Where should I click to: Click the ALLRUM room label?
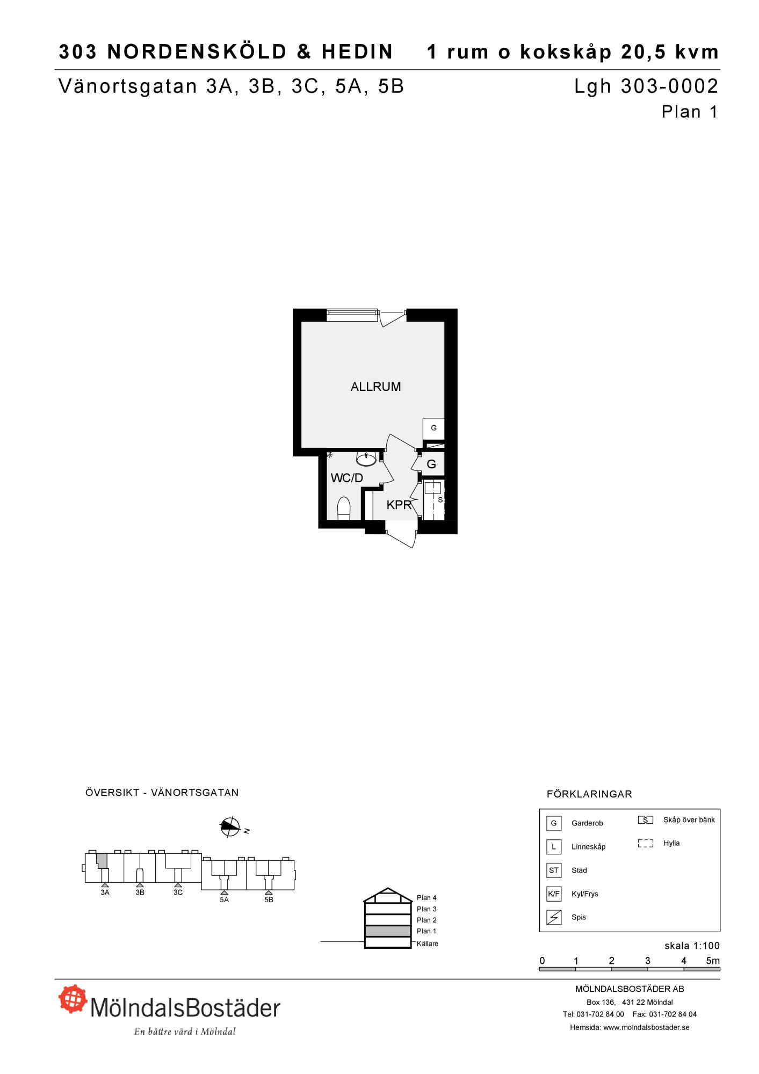tap(375, 387)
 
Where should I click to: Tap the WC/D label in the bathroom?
tap(347, 478)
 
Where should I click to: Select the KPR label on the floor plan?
tap(399, 505)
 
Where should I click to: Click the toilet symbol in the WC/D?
tap(344, 509)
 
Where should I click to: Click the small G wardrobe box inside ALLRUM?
tap(433, 429)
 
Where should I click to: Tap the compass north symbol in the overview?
tap(230, 827)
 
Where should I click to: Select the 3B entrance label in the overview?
tap(140, 892)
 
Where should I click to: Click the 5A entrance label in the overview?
tap(224, 899)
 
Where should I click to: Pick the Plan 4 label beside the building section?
tap(427, 897)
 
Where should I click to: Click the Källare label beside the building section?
tap(428, 944)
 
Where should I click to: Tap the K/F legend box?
tap(554, 894)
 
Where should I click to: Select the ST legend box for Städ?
tap(554, 870)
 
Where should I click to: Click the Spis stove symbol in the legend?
tap(554, 917)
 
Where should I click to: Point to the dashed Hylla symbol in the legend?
tap(646, 843)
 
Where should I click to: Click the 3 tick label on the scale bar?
tap(648, 961)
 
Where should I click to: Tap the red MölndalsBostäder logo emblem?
tap(73, 998)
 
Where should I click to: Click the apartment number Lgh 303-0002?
tap(646, 86)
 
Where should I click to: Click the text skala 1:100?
tap(692, 946)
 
